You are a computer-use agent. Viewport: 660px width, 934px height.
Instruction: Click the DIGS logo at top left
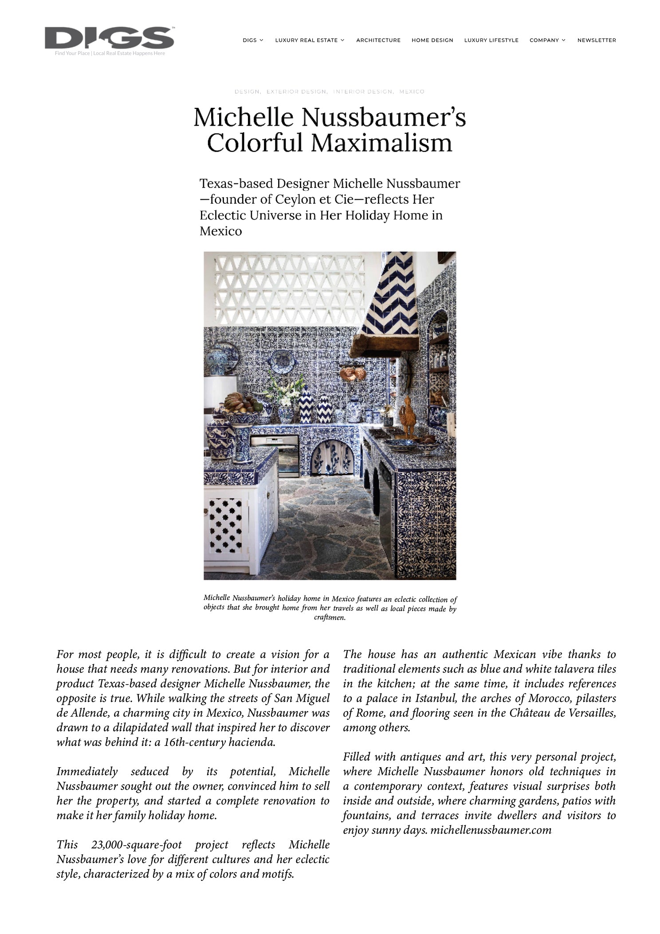tap(109, 39)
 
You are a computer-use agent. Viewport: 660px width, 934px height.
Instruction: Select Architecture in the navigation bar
tap(378, 40)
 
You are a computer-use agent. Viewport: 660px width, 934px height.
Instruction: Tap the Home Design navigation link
tap(432, 40)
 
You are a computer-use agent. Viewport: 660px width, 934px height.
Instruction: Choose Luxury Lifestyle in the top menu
tap(491, 40)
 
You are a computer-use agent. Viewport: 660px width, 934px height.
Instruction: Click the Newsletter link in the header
tap(596, 40)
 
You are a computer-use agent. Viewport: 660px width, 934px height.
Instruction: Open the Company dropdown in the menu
tap(547, 40)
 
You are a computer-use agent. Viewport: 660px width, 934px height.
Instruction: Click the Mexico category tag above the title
tap(411, 92)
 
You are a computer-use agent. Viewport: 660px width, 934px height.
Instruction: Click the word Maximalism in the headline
tap(381, 143)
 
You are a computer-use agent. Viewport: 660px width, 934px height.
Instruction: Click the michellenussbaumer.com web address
tap(491, 830)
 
